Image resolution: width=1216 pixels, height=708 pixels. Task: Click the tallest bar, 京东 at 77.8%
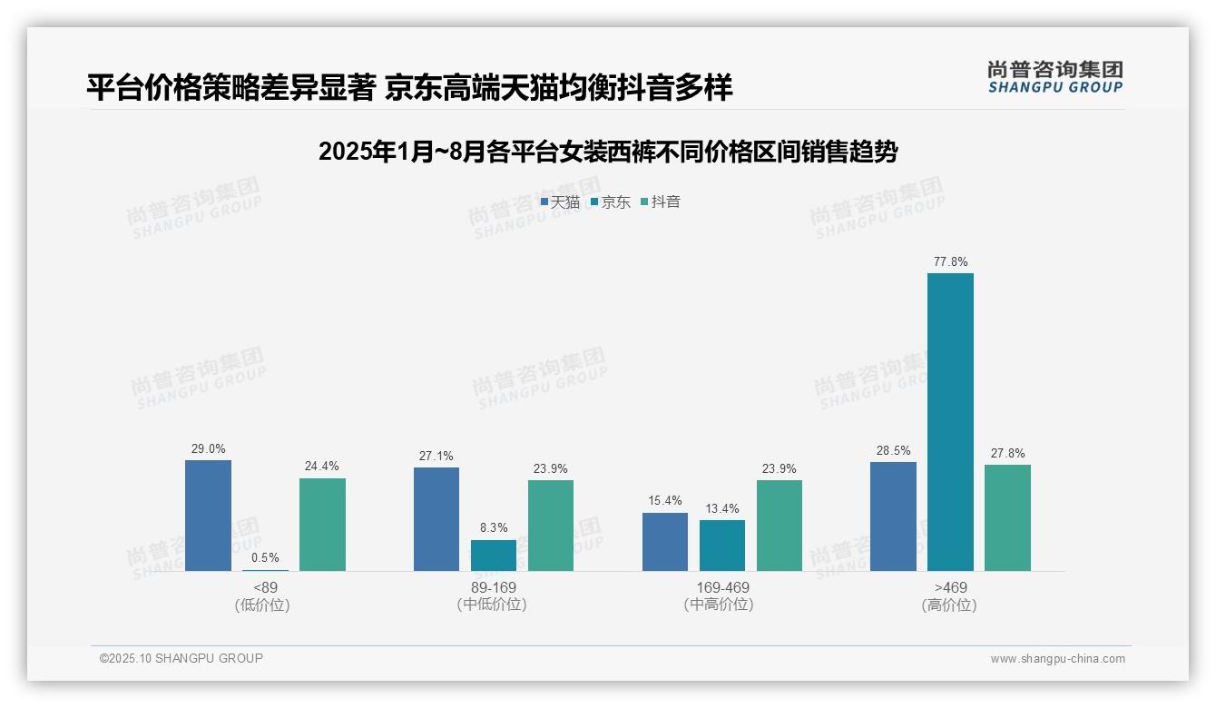950,422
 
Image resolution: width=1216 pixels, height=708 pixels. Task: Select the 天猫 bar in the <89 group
208,516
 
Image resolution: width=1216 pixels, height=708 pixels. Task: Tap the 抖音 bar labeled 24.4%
322,525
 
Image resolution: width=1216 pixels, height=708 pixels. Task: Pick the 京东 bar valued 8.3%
493,556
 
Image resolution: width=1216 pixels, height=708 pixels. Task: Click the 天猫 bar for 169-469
665,542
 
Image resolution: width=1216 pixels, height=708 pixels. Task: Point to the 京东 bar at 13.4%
722,546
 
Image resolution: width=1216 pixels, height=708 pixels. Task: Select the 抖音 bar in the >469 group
1007,517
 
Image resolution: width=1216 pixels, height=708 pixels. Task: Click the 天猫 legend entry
560,202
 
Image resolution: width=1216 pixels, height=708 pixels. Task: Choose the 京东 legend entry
611,202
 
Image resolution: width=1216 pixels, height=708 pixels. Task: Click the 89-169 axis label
494,588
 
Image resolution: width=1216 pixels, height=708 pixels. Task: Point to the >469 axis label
950,588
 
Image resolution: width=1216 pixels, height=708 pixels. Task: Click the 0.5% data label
265,558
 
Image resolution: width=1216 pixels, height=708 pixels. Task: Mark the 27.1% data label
436,457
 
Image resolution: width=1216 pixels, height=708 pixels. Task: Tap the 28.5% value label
893,451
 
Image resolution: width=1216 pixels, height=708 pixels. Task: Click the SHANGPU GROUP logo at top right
1054,77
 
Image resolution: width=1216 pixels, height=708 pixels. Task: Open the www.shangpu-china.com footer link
1057,659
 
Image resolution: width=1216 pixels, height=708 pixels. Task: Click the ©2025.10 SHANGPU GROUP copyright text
181,658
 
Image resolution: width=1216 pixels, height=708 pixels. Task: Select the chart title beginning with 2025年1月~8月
608,152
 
